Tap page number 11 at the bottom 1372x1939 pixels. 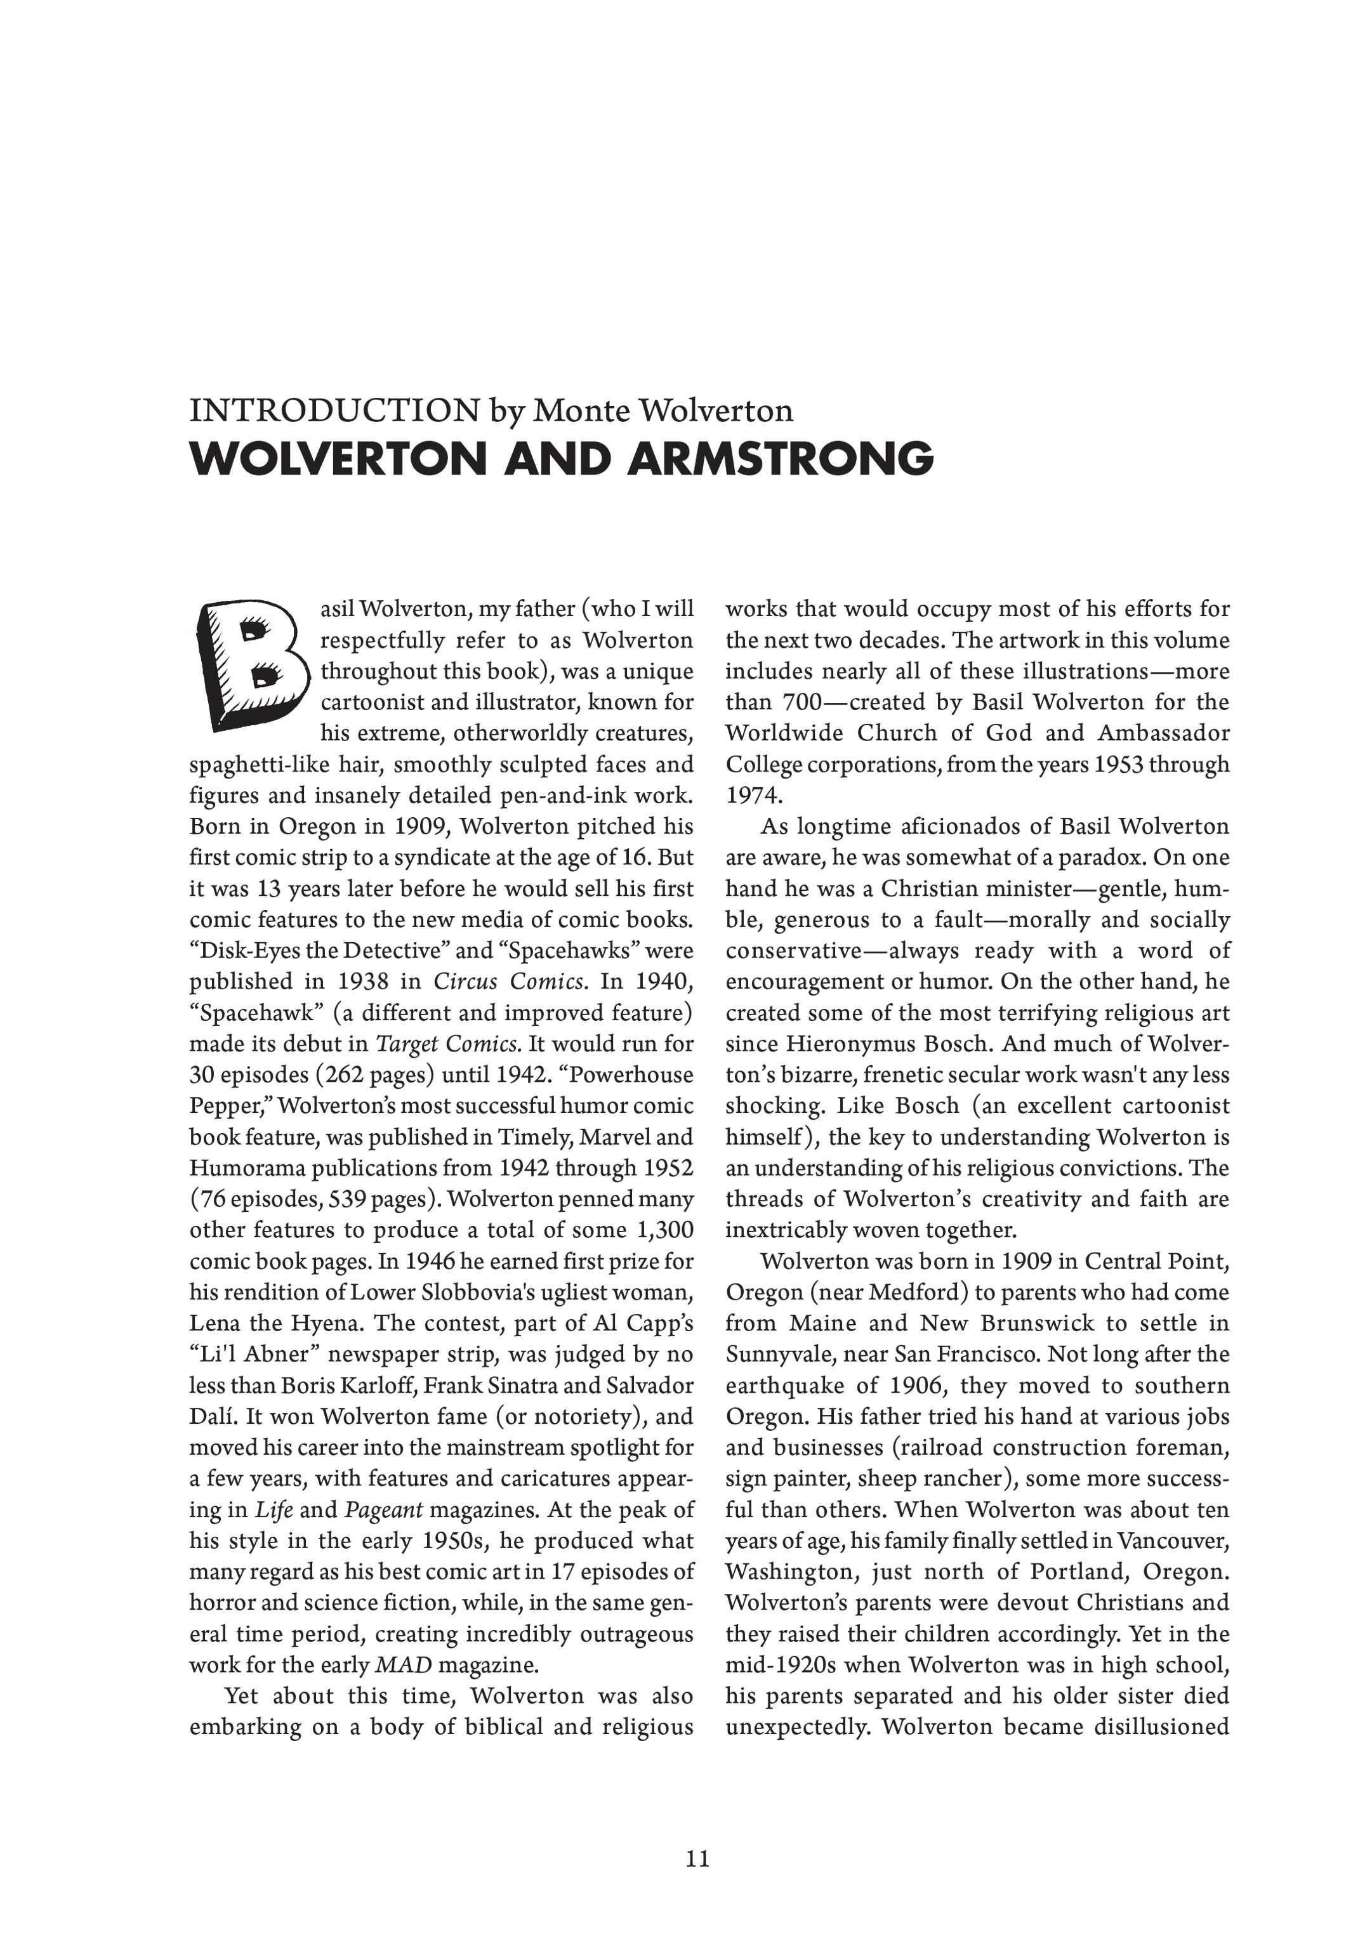697,1859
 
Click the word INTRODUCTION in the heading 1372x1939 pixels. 334,411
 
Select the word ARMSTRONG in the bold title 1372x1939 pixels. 781,459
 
